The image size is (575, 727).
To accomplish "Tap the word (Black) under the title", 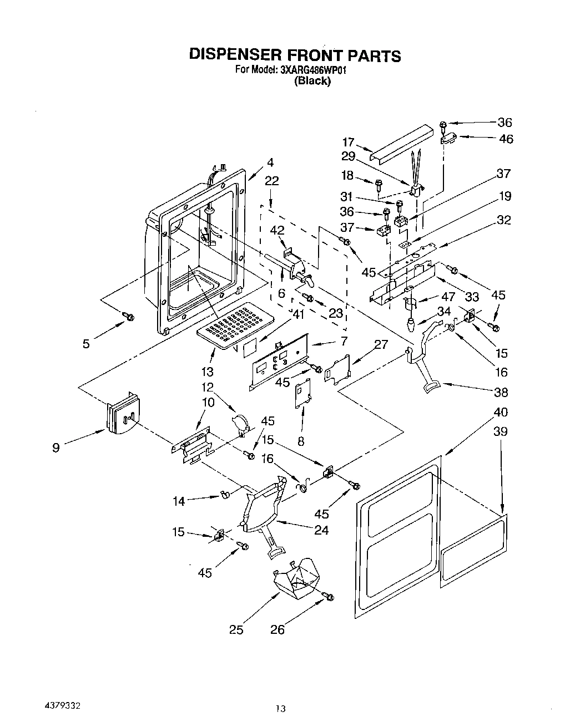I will click(312, 81).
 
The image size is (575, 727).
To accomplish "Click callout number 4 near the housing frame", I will click(270, 162).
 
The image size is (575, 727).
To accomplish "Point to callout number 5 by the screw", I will click(86, 344).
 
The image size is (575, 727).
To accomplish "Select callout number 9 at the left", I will click(56, 448).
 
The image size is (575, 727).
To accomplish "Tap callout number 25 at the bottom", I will click(236, 630).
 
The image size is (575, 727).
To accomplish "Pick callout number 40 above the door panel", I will click(501, 412).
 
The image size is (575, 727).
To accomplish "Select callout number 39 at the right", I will click(501, 431).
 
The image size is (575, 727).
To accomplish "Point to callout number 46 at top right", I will click(506, 139).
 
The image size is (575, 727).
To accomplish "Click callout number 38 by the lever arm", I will click(501, 392).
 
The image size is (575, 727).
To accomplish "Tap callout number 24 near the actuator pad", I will click(321, 530).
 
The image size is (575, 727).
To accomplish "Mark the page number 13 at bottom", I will click(281, 708).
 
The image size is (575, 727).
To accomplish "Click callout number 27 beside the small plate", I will click(381, 344).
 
